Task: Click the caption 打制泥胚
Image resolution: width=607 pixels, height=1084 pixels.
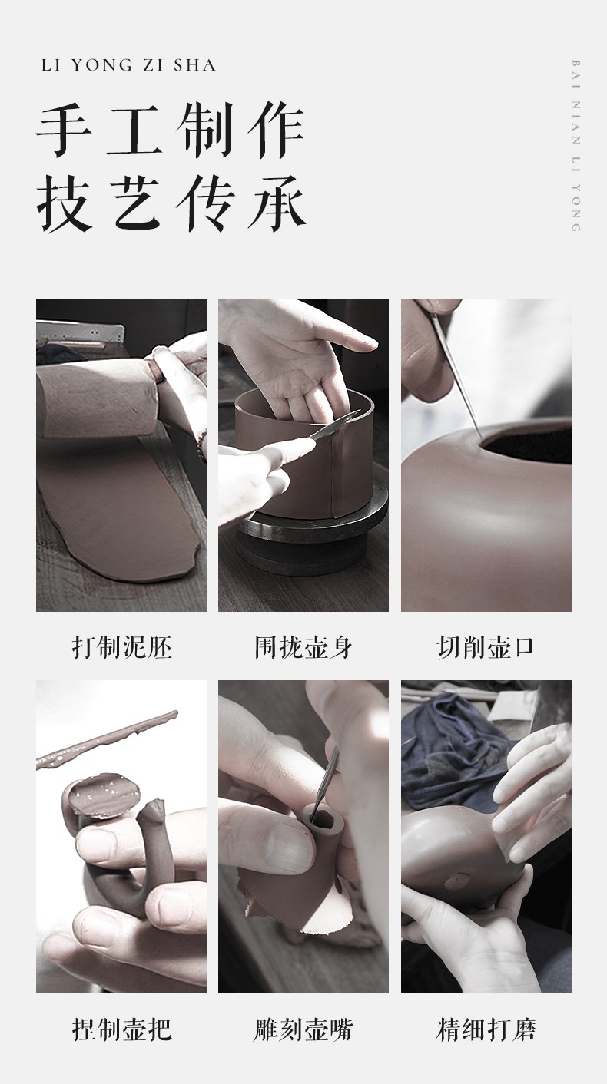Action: [x=121, y=647]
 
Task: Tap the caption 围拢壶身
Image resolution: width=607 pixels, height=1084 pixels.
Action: [x=303, y=647]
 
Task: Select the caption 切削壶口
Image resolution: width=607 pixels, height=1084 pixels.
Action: [x=486, y=647]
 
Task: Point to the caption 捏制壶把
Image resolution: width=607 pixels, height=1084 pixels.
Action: [x=121, y=1029]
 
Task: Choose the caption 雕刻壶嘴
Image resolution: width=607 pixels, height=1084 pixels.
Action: [x=303, y=1029]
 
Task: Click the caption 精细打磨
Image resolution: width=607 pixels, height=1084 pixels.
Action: [x=486, y=1029]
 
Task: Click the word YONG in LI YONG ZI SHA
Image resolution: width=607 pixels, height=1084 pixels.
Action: [x=101, y=65]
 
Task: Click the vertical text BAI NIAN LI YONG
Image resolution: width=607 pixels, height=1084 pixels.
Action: [x=576, y=146]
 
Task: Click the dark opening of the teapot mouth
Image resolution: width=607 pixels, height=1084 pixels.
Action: [x=528, y=445]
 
